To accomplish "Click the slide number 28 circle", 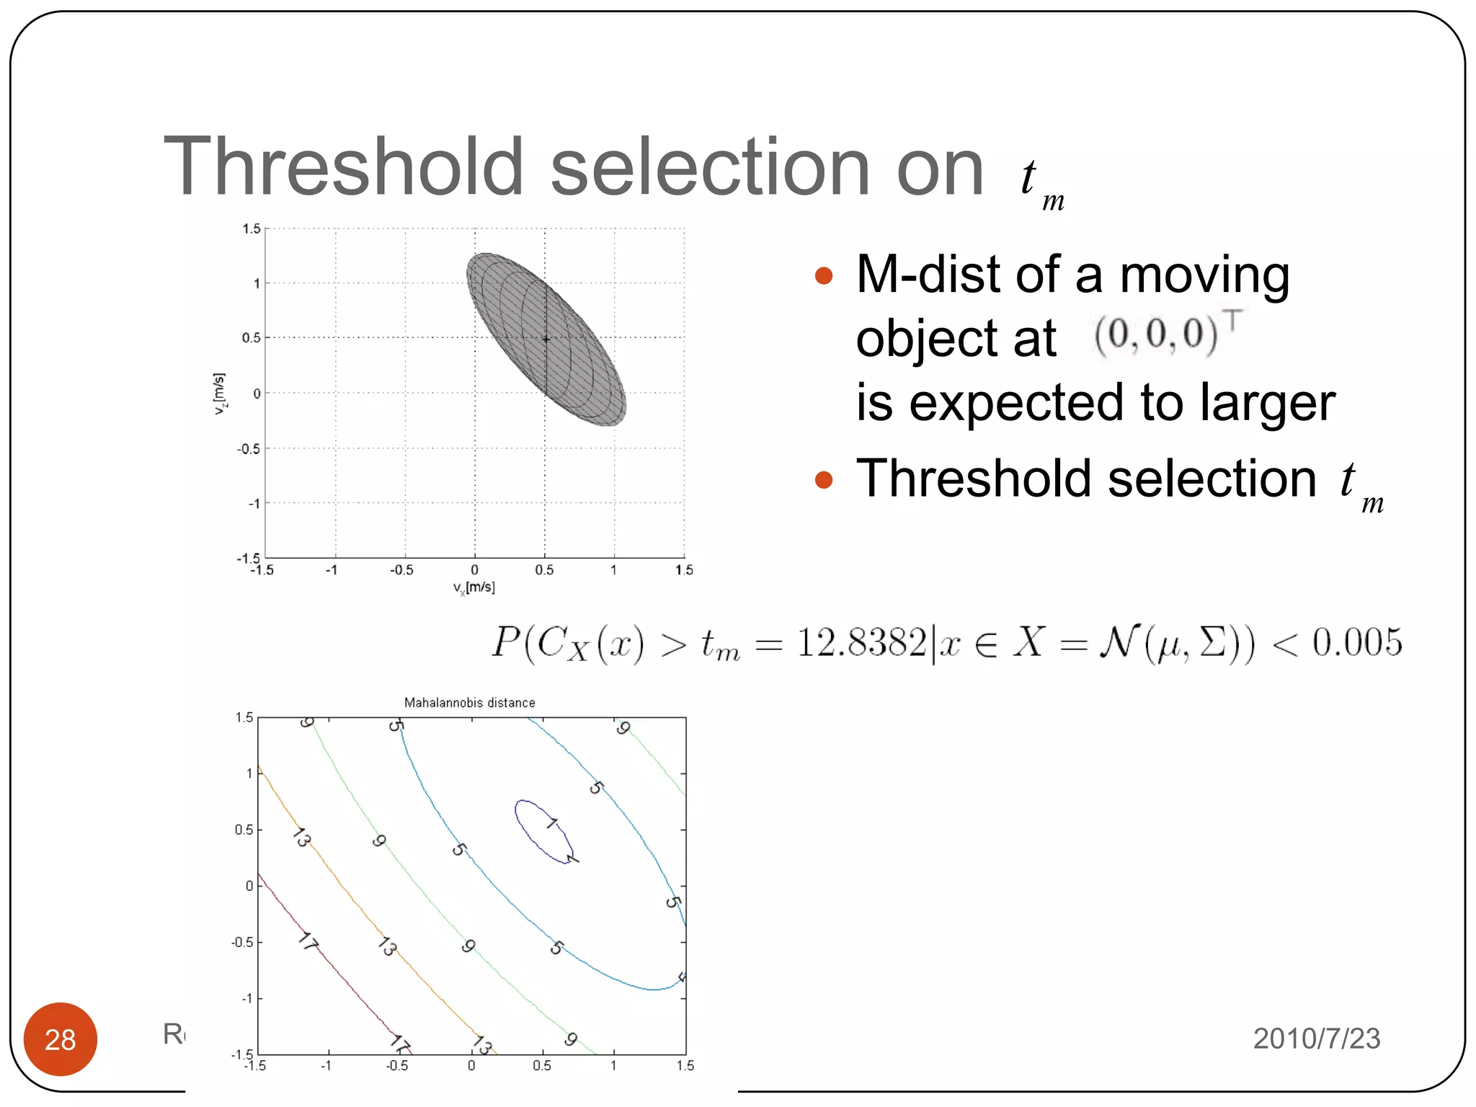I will click(x=60, y=1039).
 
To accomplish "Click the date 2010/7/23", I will click(x=1316, y=1039).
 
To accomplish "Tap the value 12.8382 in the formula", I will click(x=861, y=642).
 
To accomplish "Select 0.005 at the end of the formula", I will click(x=1356, y=642).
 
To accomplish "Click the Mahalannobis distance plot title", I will click(x=469, y=703).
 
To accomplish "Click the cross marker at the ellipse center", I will click(x=546, y=339).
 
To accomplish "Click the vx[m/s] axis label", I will click(x=474, y=588).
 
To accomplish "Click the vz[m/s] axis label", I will click(x=220, y=394).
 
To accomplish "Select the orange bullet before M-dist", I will click(x=823, y=276).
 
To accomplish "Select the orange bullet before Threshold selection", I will click(x=823, y=480).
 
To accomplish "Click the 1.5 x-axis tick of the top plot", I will click(x=683, y=570).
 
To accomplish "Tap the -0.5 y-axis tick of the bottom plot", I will click(x=241, y=943).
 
